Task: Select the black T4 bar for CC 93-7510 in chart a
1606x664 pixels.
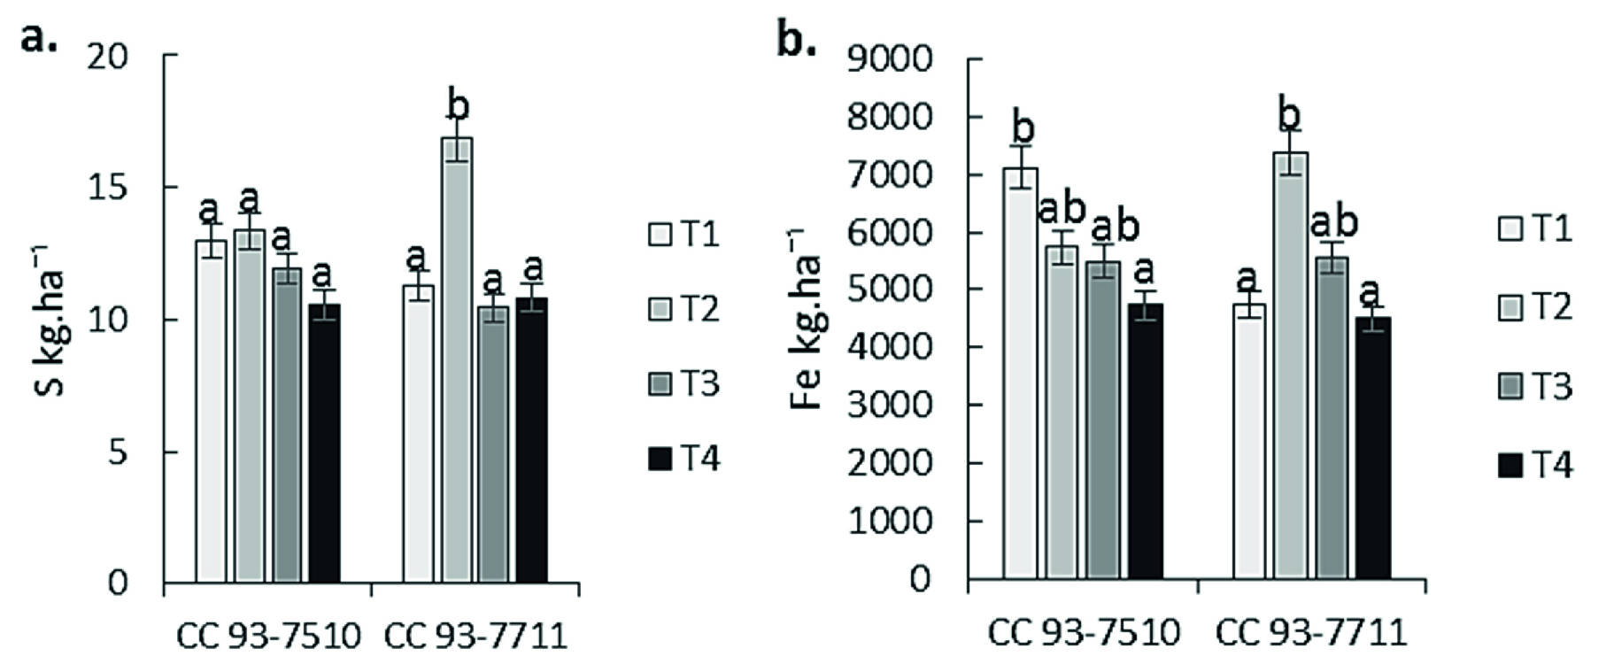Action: point(325,443)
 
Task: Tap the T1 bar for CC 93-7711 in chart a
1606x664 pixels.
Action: point(418,434)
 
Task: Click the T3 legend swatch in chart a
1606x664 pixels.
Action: point(660,385)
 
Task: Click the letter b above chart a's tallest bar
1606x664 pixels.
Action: point(459,106)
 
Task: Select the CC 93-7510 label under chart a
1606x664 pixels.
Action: point(268,637)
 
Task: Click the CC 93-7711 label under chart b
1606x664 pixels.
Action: point(1310,634)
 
